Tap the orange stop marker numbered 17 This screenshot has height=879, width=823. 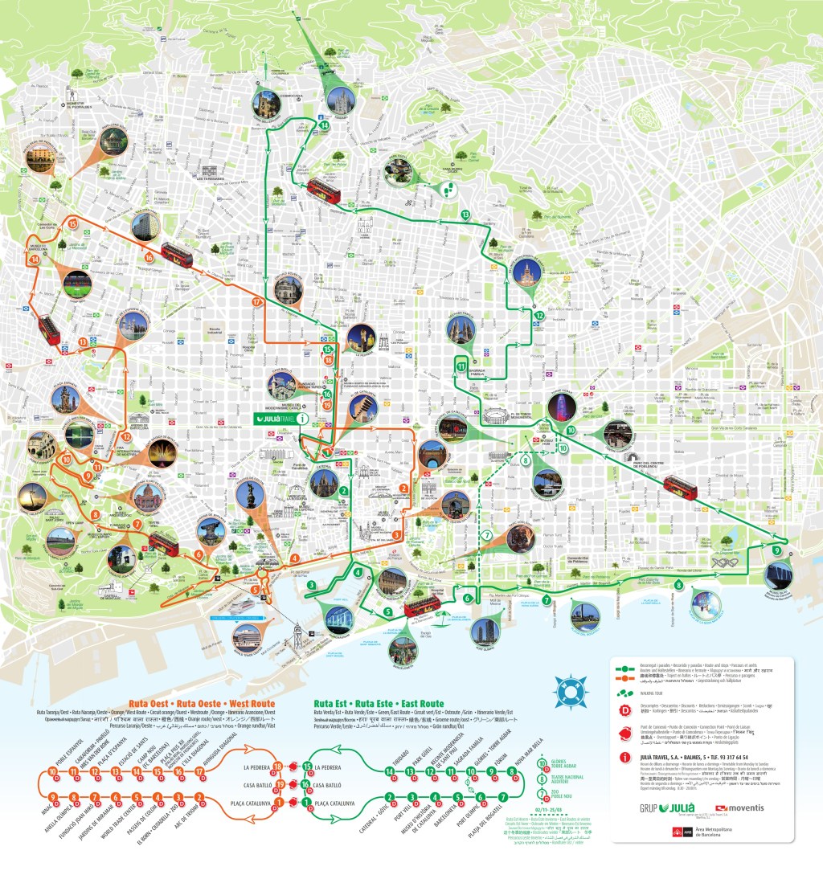pos(257,301)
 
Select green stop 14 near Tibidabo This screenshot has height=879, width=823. pos(324,125)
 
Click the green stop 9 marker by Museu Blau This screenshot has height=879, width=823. pos(776,550)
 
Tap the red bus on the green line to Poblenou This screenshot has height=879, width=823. pos(680,486)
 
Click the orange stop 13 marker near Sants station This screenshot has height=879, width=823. pos(83,342)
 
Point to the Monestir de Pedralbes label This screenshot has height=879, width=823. pos(78,104)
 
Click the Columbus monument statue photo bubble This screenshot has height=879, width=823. pos(252,498)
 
